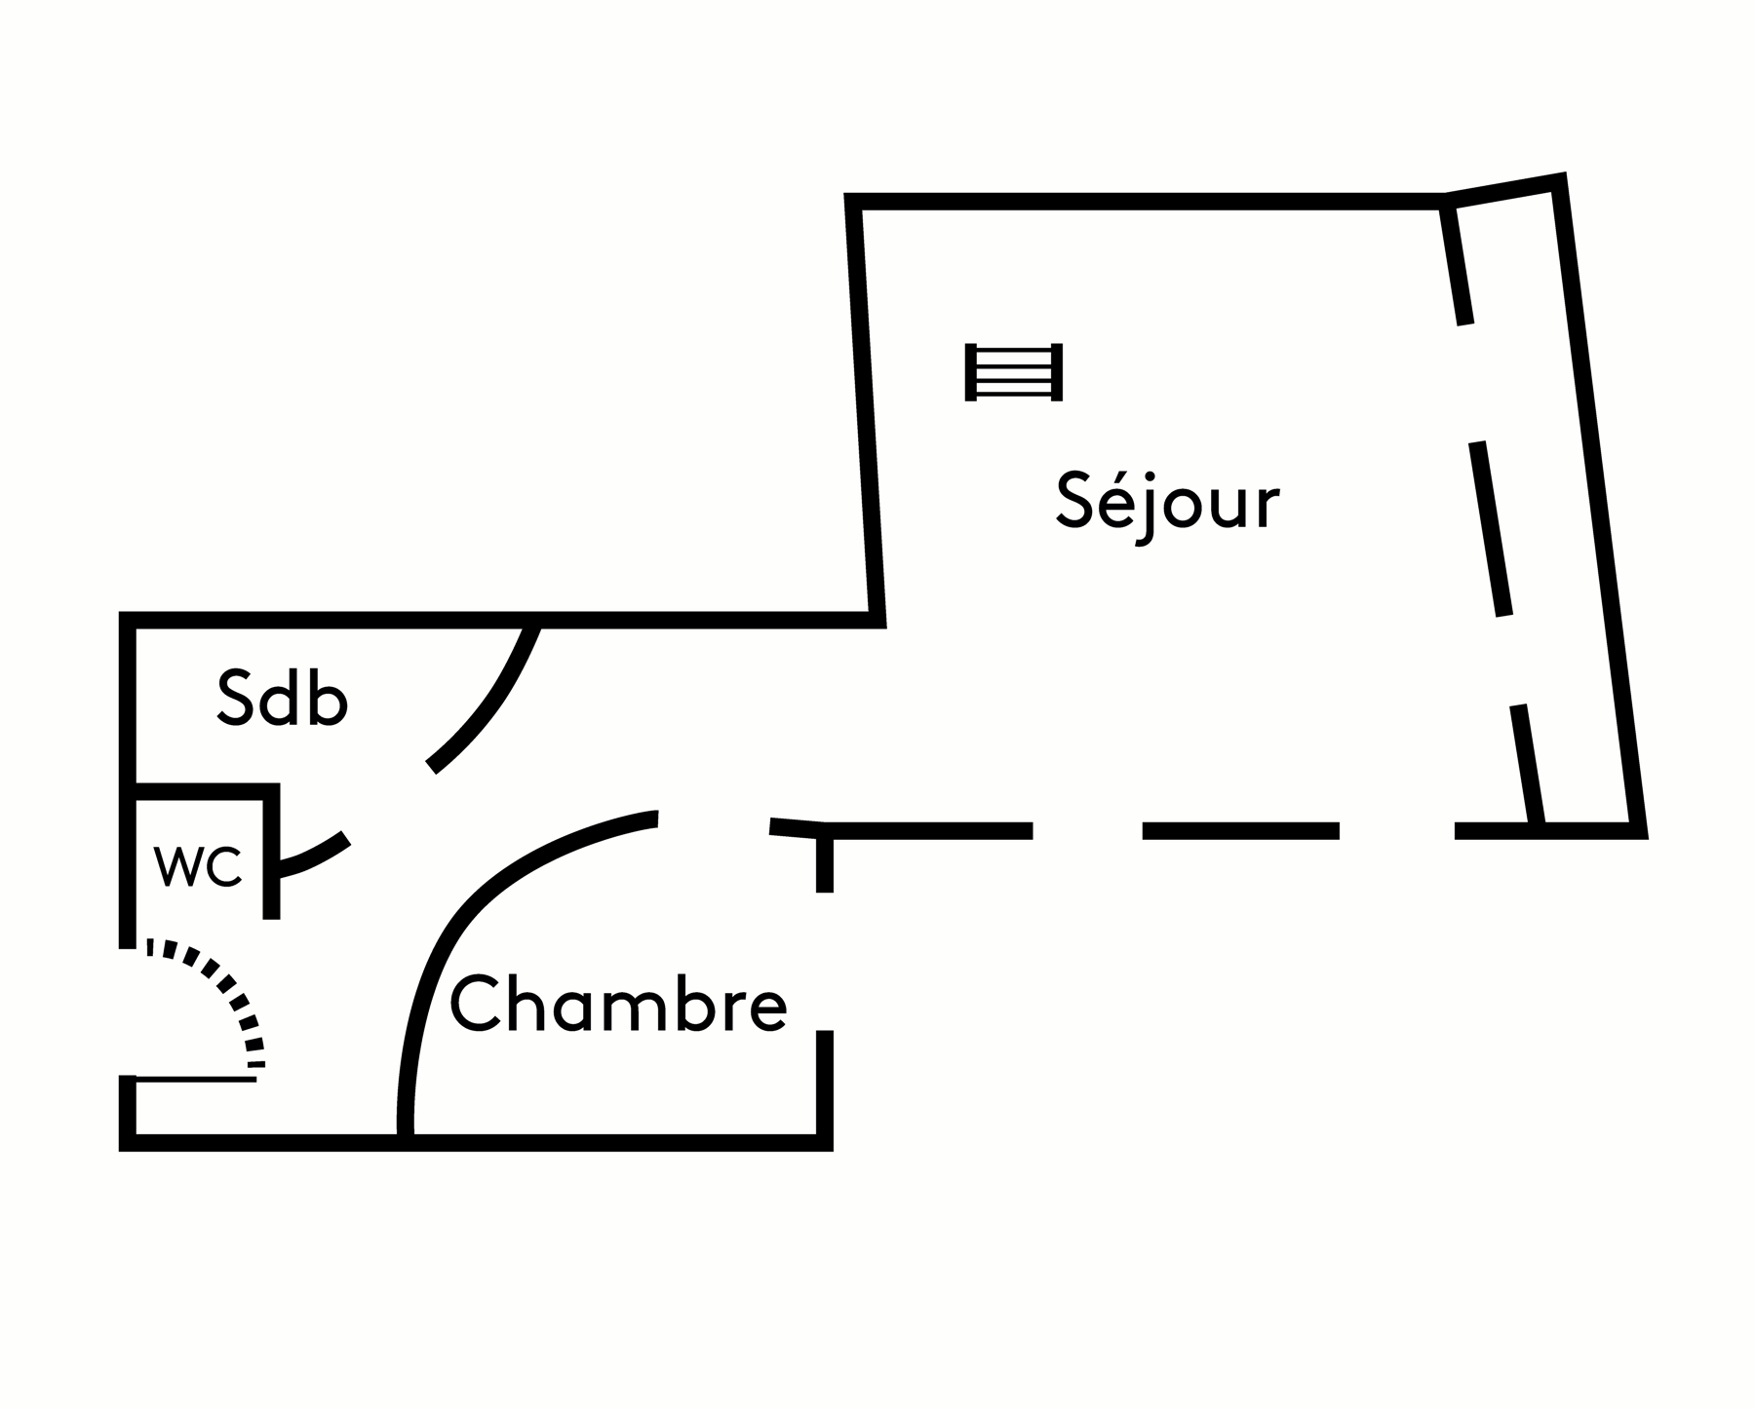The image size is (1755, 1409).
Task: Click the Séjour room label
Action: (x=1167, y=504)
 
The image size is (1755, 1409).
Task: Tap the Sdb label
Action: (x=282, y=698)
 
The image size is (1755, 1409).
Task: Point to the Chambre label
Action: (x=618, y=1005)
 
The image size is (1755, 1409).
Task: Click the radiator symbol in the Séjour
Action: (x=1013, y=372)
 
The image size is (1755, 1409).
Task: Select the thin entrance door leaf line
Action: (x=195, y=1079)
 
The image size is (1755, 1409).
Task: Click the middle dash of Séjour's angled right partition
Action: (x=1491, y=528)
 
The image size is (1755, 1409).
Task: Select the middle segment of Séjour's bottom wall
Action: (x=1240, y=830)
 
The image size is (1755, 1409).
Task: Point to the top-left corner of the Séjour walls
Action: (x=852, y=202)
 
